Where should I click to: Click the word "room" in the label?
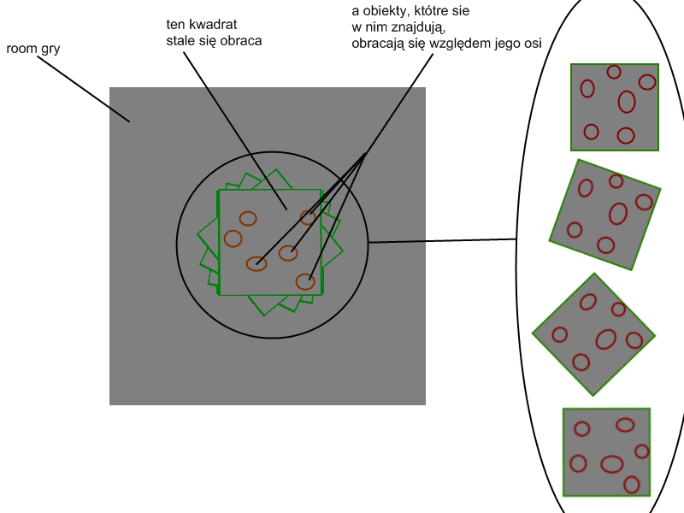pos(21,49)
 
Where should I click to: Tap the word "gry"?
pos(49,50)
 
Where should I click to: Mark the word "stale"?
pos(181,40)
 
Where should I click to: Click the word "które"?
pos(445,13)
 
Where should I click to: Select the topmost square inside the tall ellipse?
pos(615,107)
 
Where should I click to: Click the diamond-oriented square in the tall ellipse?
pos(593,333)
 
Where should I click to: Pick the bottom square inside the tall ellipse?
pos(606,453)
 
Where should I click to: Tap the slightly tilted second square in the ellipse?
pos(605,215)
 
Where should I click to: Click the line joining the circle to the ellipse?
pos(442,240)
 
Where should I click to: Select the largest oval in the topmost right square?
pos(627,102)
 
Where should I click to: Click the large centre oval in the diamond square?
pos(605,339)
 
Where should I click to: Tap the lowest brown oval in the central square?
pos(305,280)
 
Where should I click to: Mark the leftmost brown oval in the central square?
pos(233,238)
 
